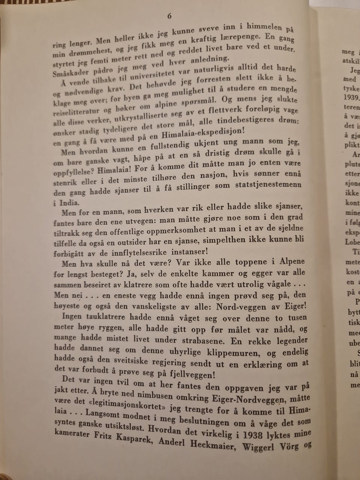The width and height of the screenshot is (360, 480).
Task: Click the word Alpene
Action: (x=292, y=261)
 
